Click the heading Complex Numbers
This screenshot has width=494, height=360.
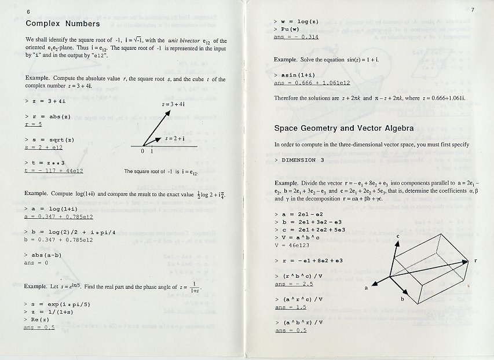63,24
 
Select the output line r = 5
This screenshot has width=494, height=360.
34,124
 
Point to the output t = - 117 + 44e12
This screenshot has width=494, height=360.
54,171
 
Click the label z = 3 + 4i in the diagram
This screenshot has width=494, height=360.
173,104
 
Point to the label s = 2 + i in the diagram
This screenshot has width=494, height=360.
175,139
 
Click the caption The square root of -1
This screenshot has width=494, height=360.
161,171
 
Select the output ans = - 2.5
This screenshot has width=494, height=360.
294,284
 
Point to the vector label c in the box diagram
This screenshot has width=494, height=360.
397,236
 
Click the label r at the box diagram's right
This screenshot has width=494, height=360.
475,261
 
